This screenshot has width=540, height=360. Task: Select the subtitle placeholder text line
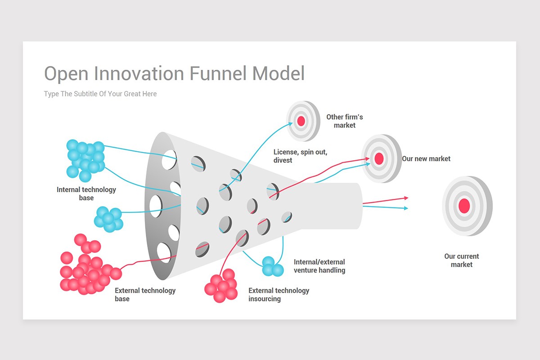[100, 94]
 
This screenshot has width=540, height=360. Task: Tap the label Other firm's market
[345, 121]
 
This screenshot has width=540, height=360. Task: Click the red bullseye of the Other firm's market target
[301, 121]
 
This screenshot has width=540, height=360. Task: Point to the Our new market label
[426, 159]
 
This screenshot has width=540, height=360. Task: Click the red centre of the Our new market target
[379, 159]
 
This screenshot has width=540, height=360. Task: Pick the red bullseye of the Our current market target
[464, 206]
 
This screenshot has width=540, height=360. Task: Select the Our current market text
[461, 261]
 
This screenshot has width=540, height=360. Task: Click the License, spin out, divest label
[300, 156]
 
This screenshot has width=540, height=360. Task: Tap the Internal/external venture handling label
[319, 266]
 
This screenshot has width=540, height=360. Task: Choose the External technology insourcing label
[279, 294]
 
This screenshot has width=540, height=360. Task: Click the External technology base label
[145, 294]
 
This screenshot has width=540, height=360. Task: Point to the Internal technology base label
[86, 193]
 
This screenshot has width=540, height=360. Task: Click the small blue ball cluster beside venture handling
[273, 266]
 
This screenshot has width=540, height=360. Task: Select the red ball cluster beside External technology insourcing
[221, 285]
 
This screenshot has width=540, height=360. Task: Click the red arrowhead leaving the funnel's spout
[406, 198]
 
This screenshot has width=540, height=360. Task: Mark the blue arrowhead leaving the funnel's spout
[406, 208]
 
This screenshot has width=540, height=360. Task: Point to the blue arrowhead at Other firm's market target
[291, 124]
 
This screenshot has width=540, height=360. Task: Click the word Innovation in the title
[139, 73]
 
